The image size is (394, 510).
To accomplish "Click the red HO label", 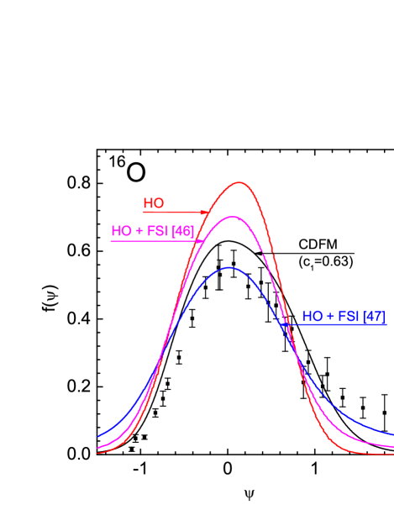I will pos(154,203).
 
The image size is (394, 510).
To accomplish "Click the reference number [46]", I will pos(183,231).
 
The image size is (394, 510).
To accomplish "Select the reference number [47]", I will pos(374,316).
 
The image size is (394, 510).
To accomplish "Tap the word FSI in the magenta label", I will pos(158,231).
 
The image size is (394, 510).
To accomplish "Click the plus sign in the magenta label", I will pos(139,231).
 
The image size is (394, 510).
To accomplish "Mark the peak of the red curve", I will pos(240,182).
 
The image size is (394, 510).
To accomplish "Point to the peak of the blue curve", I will pos(229,267).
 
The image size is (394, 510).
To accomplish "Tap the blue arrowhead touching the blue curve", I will pos(286,324).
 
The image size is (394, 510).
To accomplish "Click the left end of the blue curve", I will pos(98,437).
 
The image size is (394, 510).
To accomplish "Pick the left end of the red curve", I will pos(98,453).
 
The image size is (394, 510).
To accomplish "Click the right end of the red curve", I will pos(393,454).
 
